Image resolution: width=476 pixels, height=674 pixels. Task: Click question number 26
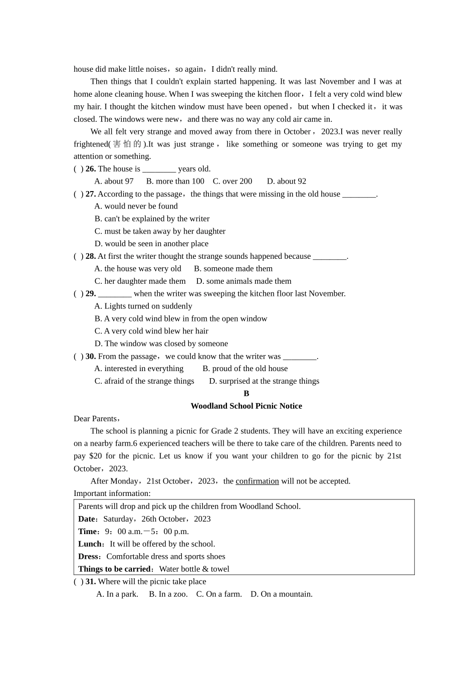point(91,169)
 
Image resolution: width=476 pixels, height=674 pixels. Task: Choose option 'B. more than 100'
point(175,182)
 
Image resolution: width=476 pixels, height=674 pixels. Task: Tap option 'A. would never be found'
point(136,206)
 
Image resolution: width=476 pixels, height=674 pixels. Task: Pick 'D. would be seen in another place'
point(151,244)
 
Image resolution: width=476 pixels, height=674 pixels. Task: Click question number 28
point(91,256)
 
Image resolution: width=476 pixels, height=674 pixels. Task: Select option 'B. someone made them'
point(233,269)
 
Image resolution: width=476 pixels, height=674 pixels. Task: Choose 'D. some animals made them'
point(244,281)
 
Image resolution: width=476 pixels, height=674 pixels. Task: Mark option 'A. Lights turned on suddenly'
point(143,306)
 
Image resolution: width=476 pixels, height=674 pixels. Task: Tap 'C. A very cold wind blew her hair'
point(151,331)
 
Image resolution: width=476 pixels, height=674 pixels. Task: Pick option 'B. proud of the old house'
point(245,369)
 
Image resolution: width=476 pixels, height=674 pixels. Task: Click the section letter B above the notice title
point(246,394)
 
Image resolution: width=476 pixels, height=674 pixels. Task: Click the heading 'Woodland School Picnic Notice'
point(246,406)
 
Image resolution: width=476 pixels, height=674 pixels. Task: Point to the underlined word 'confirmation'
point(257,481)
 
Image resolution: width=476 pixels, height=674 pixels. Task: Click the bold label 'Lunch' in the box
point(90,544)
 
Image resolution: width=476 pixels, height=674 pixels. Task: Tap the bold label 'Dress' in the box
point(89,557)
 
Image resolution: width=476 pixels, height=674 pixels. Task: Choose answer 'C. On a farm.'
point(219,594)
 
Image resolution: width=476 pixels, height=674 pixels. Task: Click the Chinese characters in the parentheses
point(127,144)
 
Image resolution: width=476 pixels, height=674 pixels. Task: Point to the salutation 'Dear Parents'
point(96,419)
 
